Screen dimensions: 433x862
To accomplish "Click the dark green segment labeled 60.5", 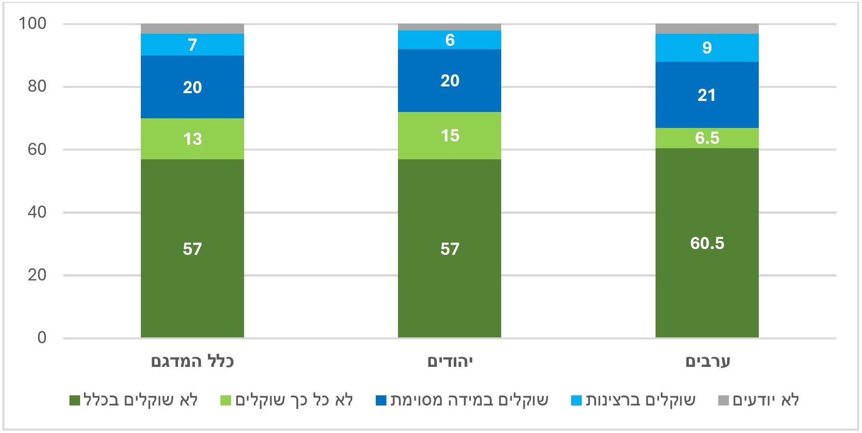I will coord(707,243).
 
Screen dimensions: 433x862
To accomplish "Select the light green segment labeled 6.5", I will coord(707,138).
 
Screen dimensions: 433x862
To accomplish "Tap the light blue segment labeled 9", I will coord(707,47).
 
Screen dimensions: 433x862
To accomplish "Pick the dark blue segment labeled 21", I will coord(707,95).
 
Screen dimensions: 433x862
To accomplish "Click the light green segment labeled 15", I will coord(449,136).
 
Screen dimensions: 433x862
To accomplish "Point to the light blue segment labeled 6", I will coord(449,40).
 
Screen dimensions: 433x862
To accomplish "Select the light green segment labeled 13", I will coord(192,139).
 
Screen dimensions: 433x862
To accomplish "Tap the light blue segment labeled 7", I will coord(192,44).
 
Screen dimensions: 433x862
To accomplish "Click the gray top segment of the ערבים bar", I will coord(707,28).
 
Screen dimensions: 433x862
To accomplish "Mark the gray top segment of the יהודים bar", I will coord(449,27).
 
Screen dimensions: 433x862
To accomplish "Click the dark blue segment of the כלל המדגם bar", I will coord(192,87).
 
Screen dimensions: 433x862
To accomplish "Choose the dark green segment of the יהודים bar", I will coord(449,249).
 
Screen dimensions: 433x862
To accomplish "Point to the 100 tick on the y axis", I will coord(32,23).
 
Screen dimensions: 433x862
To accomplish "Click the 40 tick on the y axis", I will coord(37,212).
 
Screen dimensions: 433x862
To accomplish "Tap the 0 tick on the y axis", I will coord(41,337).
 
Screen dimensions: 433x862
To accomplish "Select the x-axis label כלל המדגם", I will coord(192,362).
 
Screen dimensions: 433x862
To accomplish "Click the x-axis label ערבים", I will coord(707,362).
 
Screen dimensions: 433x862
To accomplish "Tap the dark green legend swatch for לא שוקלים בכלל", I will coord(75,401).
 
